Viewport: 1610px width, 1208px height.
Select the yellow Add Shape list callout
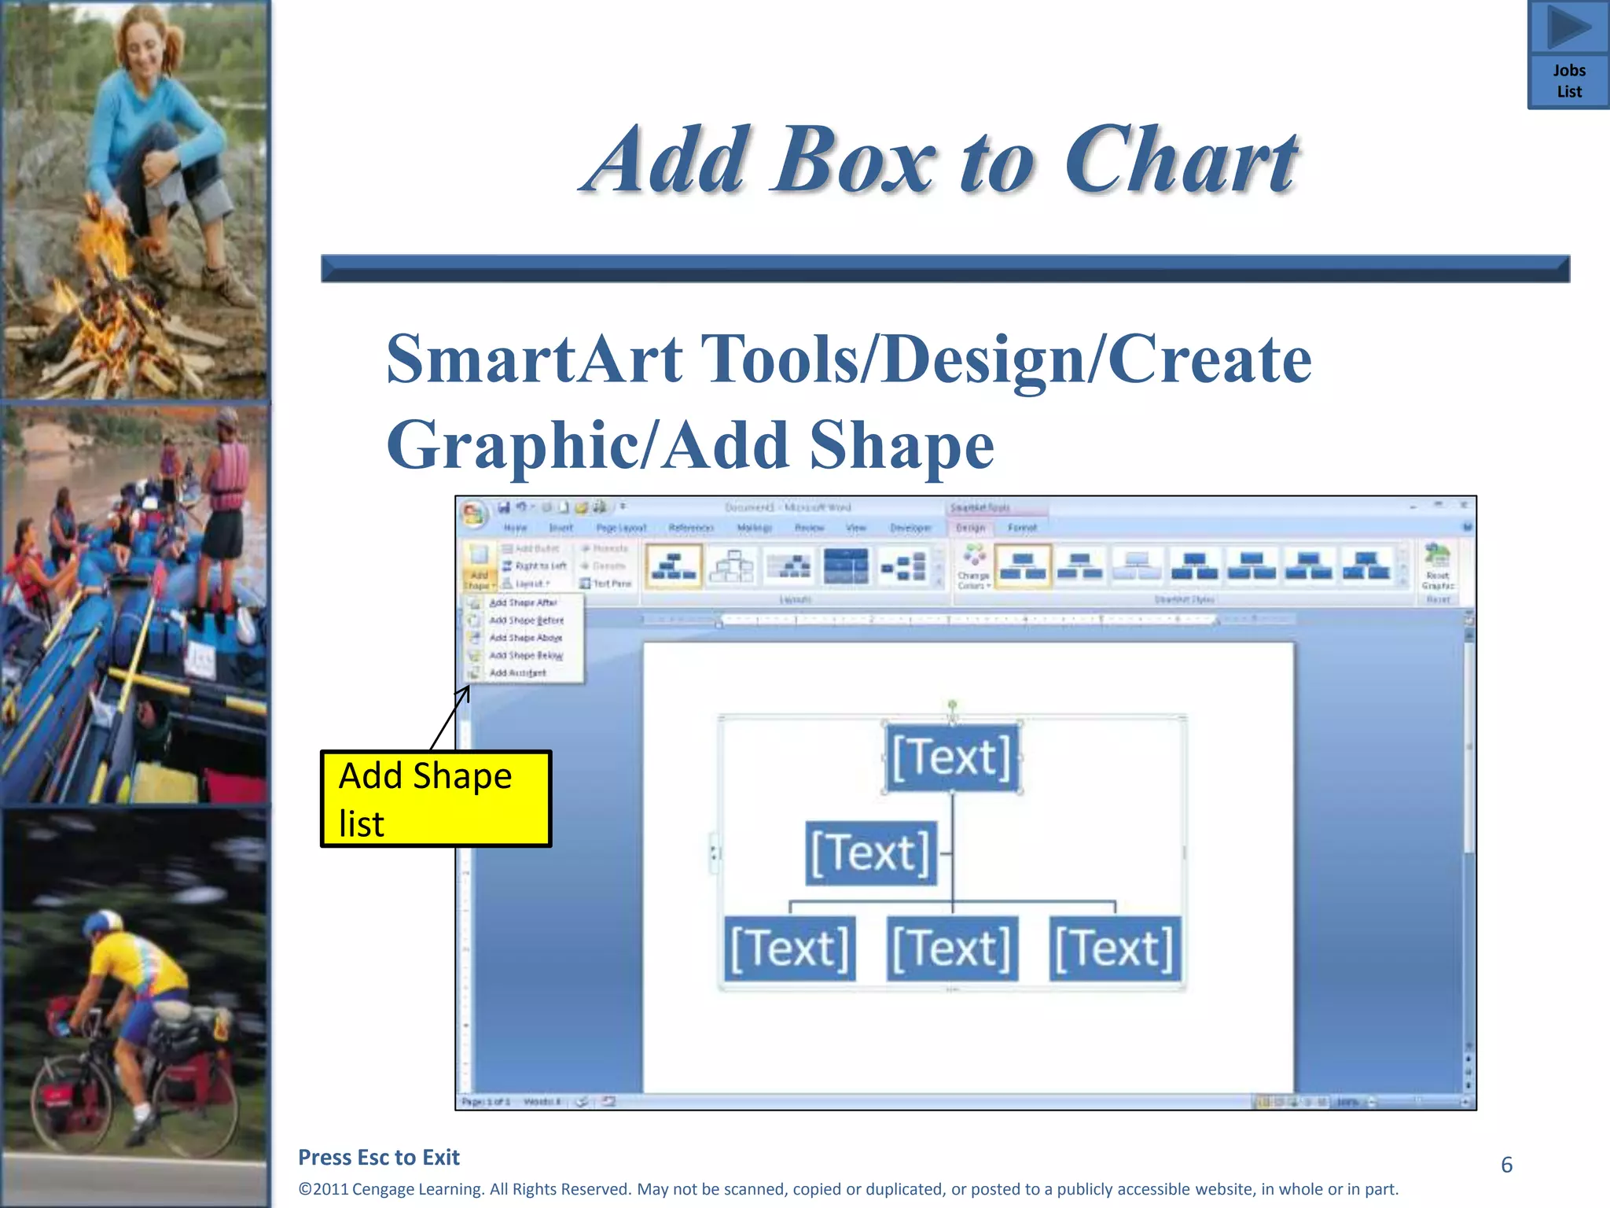click(436, 799)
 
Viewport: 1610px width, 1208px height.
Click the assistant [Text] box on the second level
click(871, 853)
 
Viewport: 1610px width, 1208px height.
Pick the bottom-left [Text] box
click(789, 948)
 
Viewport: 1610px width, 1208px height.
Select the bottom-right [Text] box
click(1115, 948)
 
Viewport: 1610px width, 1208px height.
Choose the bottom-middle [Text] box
click(952, 948)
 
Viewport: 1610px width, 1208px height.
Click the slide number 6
click(1506, 1165)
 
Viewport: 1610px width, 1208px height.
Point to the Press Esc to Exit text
click(379, 1157)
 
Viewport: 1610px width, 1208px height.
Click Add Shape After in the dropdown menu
click(523, 602)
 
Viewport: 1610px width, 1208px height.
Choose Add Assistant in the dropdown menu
click(517, 673)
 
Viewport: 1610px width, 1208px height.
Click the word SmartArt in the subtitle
click(534, 359)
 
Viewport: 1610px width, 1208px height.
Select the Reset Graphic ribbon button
click(1437, 569)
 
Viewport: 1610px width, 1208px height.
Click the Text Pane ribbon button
click(606, 584)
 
